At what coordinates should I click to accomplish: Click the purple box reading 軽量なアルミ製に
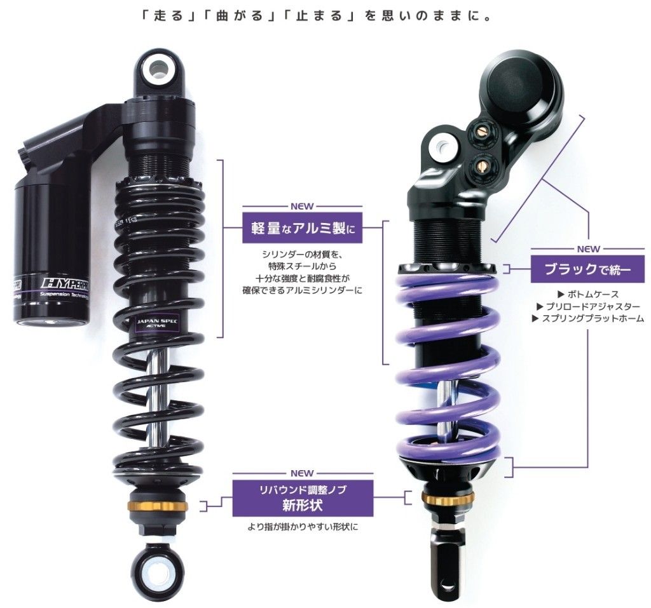point(302,230)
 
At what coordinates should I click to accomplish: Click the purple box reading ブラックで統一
point(587,269)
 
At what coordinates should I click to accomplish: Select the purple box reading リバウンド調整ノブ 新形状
point(303,497)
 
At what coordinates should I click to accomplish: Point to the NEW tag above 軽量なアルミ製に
point(302,206)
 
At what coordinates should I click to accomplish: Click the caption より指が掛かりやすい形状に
point(303,527)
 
